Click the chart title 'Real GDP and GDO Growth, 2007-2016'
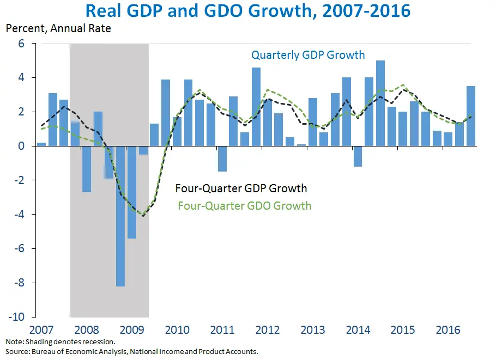point(248,11)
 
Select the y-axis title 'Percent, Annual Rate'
point(58,28)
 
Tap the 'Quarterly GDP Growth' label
point(308,55)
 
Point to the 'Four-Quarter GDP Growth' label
point(241,189)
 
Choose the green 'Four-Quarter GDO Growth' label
point(245,206)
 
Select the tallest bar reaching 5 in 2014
point(380,103)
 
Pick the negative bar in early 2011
point(222,158)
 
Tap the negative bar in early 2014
point(358,156)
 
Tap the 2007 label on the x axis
point(41,330)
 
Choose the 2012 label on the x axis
point(268,330)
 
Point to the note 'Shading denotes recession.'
point(60,341)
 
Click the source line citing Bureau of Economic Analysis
point(131,351)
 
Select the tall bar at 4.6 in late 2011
point(256,107)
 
